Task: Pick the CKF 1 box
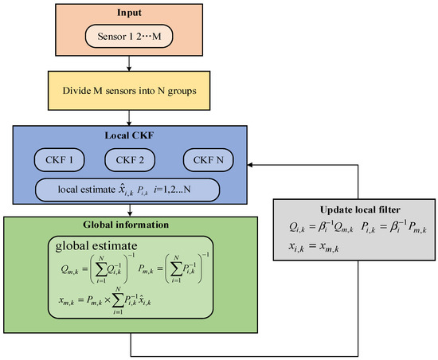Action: pyautogui.click(x=65, y=159)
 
